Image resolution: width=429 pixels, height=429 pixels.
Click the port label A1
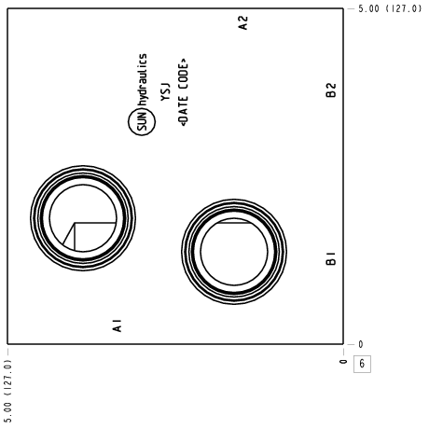pos(117,325)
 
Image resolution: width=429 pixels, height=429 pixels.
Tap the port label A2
pos(243,22)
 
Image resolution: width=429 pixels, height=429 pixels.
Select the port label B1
pos(331,258)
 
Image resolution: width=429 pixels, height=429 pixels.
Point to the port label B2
pos(331,90)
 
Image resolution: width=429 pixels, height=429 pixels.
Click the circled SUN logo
pos(142,121)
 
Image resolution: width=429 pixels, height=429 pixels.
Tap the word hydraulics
pos(143,80)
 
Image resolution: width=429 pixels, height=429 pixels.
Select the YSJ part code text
pos(166,92)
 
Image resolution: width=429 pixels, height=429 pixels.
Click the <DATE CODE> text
pos(184,92)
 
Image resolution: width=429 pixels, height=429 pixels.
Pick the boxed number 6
pos(362,364)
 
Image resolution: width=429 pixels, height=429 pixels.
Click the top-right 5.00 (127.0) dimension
pos(390,8)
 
